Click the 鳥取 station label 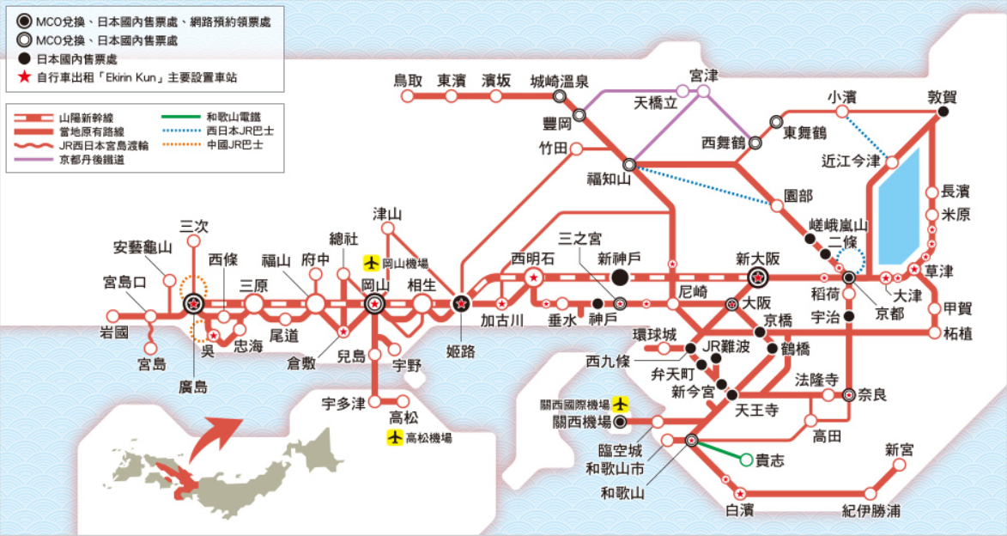(x=408, y=81)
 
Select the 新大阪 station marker (x=758, y=277)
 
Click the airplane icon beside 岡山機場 (x=371, y=263)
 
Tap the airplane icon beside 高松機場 (x=394, y=438)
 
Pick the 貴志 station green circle (x=747, y=460)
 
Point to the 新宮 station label (x=901, y=449)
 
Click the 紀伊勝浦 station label (x=871, y=512)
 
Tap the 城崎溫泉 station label (x=559, y=81)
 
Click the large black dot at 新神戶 (x=621, y=277)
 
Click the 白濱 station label (x=739, y=511)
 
